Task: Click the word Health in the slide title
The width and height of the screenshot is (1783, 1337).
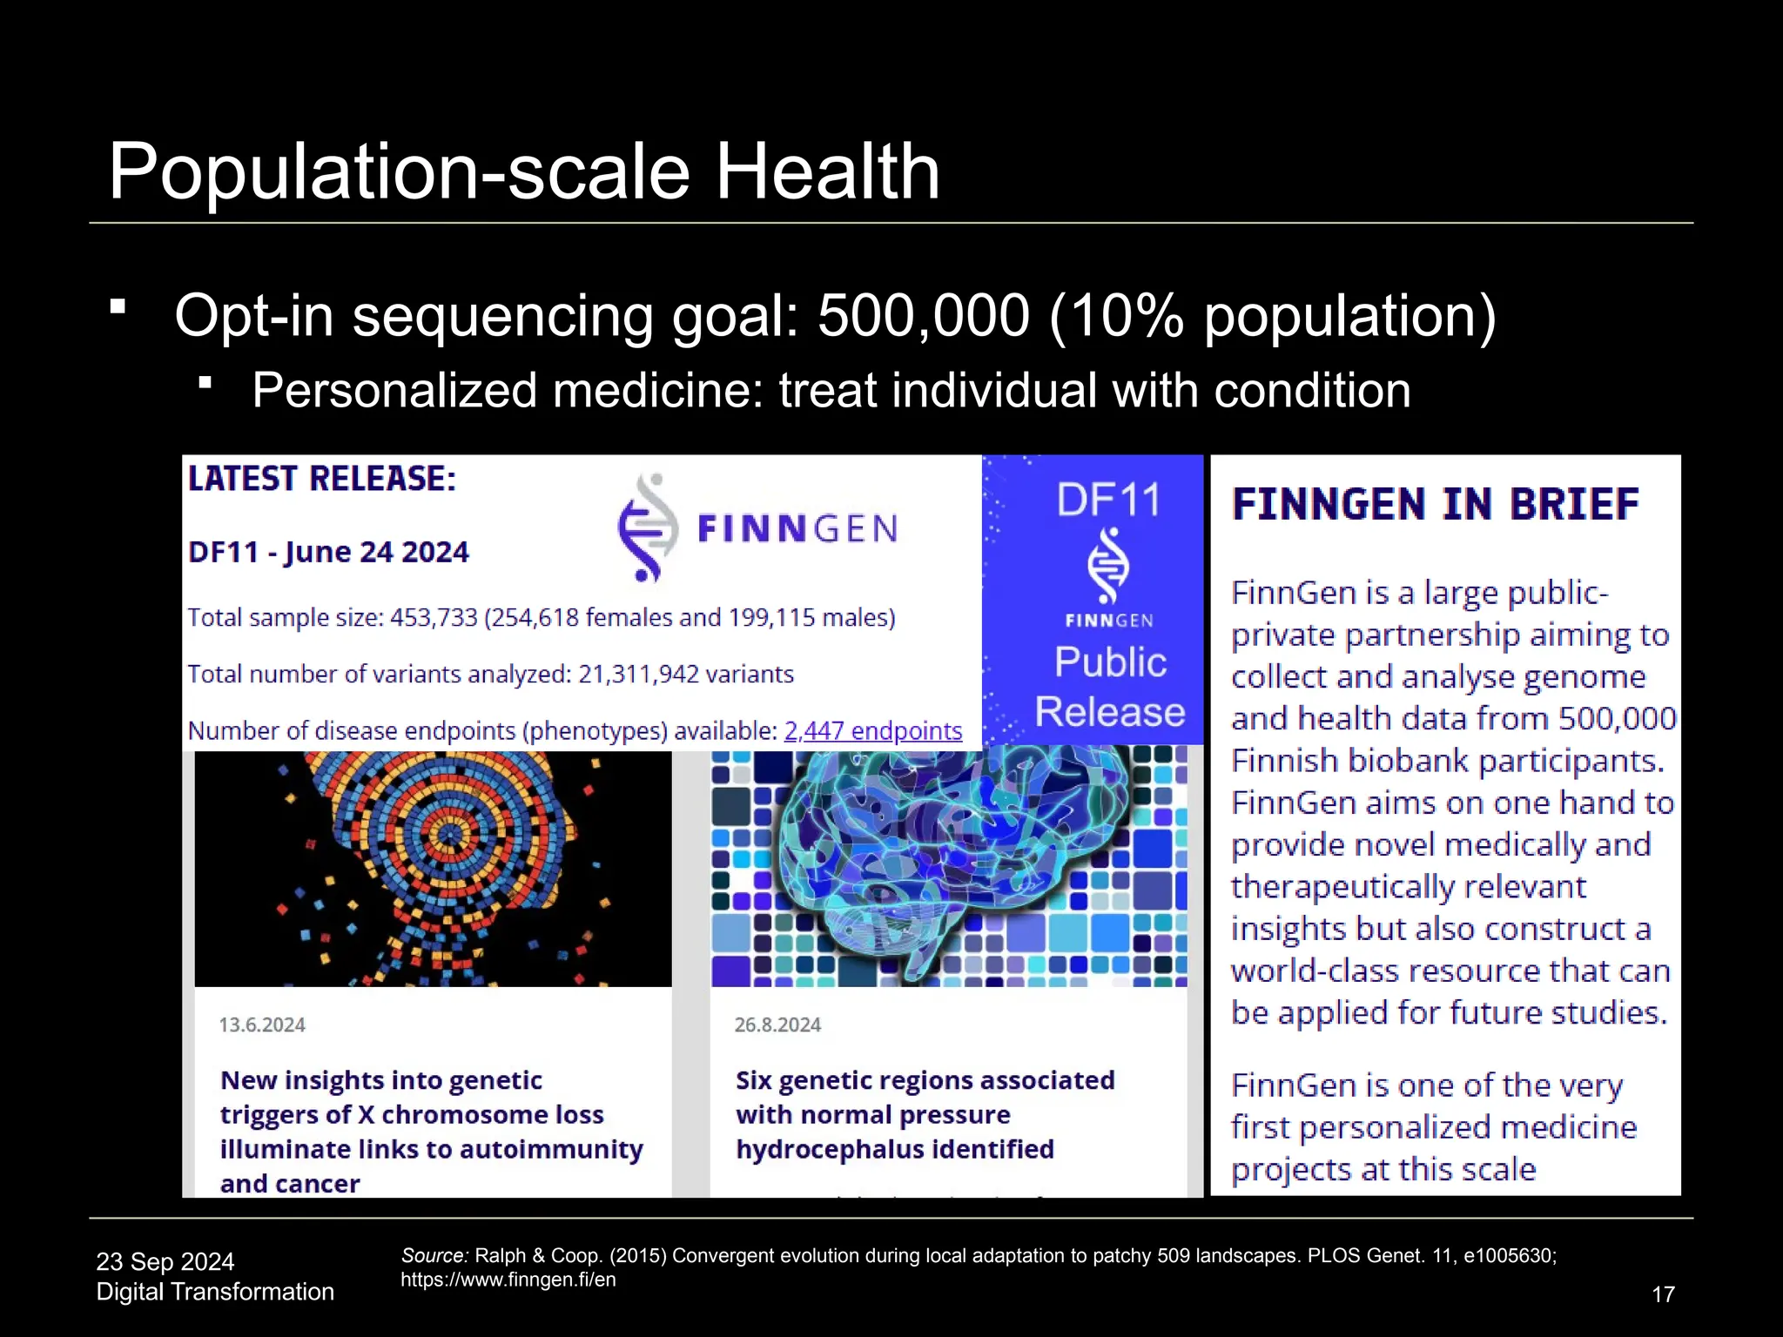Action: [x=827, y=171]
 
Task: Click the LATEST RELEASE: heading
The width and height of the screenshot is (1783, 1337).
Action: [x=322, y=479]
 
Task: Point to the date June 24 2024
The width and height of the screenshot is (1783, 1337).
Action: [x=376, y=552]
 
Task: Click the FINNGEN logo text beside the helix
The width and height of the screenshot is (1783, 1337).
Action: [x=797, y=528]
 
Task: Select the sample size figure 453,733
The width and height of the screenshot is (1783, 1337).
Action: [x=434, y=618]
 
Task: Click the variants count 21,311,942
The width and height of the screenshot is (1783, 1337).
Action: [x=637, y=675]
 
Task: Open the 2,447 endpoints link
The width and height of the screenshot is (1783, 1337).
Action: [x=872, y=731]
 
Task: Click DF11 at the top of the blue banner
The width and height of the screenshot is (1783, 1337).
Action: [x=1108, y=501]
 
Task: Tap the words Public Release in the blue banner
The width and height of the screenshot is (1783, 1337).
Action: [x=1110, y=687]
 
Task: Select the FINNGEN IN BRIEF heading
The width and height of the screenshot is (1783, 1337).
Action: [x=1435, y=505]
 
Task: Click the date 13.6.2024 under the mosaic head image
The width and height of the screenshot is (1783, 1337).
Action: [x=262, y=1025]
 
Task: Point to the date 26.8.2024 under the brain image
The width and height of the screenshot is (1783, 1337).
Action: [x=777, y=1025]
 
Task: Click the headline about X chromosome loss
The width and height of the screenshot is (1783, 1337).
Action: [x=431, y=1132]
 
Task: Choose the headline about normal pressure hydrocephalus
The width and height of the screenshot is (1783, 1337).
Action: [x=925, y=1114]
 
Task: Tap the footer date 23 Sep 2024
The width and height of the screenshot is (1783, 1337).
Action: [x=165, y=1262]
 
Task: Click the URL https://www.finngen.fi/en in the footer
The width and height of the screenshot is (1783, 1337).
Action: [x=508, y=1280]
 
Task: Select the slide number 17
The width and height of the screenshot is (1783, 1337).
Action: [x=1663, y=1294]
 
